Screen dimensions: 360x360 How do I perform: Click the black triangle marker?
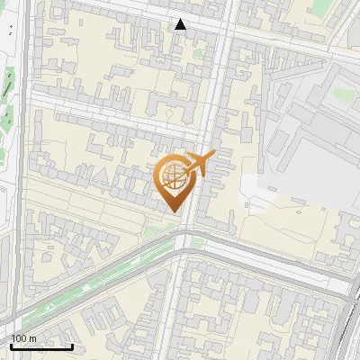click(x=181, y=24)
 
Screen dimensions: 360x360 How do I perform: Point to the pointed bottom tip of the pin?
click(x=174, y=211)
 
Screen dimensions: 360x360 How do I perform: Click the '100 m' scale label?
click(x=24, y=337)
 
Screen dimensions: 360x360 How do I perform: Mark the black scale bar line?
click(x=41, y=346)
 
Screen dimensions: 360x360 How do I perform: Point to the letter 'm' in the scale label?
click(x=33, y=337)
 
